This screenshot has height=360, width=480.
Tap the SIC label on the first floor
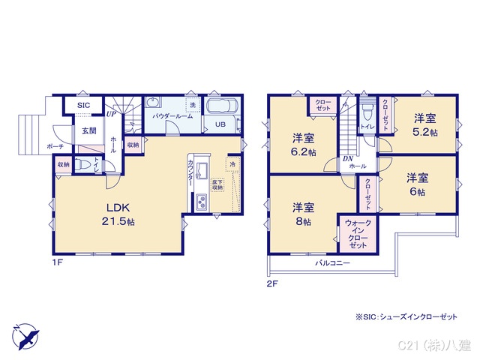(x=84, y=106)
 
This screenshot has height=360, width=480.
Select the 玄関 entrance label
(x=88, y=130)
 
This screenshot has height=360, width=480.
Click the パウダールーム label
(x=173, y=117)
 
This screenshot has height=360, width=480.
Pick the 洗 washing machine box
(x=193, y=105)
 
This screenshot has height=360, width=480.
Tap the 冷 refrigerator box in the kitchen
(x=233, y=164)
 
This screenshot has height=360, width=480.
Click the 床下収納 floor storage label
(x=217, y=184)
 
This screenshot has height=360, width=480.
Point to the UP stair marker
(x=110, y=114)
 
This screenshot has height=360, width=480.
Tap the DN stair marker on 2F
(x=348, y=159)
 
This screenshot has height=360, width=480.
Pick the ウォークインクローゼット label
(x=357, y=234)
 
